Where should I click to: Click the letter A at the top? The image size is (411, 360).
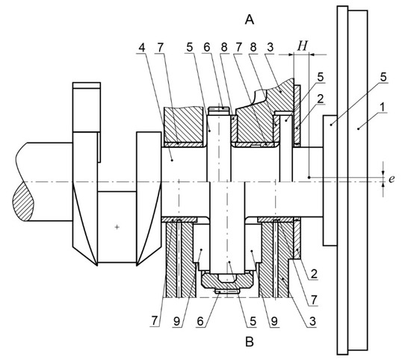point(250,19)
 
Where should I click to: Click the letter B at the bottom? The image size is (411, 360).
point(249,341)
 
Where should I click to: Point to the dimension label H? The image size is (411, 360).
point(302,46)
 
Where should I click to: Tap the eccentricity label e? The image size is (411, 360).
point(392,179)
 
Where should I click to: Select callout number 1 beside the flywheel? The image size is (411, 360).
point(383,107)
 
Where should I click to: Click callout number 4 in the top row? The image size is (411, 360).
point(142,48)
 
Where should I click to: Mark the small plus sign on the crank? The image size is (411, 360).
point(117,227)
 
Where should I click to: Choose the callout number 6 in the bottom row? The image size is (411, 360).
point(200,321)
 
